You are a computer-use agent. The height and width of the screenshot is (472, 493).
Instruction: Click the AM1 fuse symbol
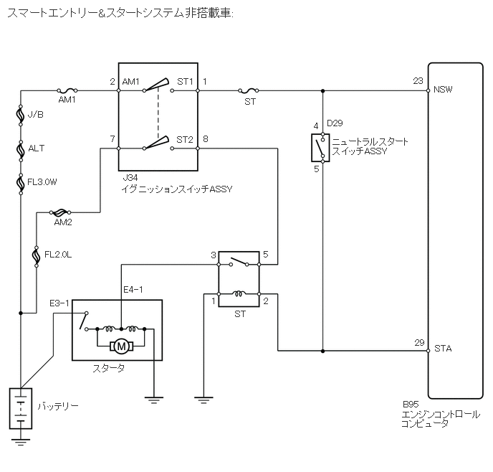pyautogui.click(x=67, y=90)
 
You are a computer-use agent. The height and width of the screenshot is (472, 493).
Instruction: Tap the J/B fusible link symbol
pyautogui.click(x=21, y=115)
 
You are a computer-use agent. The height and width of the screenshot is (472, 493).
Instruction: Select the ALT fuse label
pyautogui.click(x=36, y=148)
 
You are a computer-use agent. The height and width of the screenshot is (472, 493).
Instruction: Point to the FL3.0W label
pyautogui.click(x=42, y=182)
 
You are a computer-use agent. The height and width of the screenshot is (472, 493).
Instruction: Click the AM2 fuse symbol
pyautogui.click(x=60, y=212)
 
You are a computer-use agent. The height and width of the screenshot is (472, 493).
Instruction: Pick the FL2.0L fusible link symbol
pyautogui.click(x=36, y=257)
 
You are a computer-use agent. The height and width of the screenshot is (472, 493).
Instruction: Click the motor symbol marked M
pyautogui.click(x=121, y=346)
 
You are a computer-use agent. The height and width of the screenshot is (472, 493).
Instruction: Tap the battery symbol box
pyautogui.click(x=21, y=408)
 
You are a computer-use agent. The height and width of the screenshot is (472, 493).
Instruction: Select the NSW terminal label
pyautogui.click(x=443, y=90)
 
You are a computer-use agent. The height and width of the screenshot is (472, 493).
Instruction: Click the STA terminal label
pyautogui.click(x=443, y=349)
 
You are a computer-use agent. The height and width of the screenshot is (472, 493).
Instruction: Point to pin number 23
pyautogui.click(x=418, y=81)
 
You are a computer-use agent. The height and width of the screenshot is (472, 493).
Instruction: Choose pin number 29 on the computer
pyautogui.click(x=419, y=342)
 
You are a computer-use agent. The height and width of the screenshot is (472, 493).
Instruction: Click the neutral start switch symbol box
pyautogui.click(x=320, y=148)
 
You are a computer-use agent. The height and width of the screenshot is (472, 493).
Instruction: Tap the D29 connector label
pyautogui.click(x=335, y=123)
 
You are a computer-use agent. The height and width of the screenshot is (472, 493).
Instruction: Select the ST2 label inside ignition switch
pyautogui.click(x=185, y=139)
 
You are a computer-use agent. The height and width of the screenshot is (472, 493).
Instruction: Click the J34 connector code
pyautogui.click(x=130, y=178)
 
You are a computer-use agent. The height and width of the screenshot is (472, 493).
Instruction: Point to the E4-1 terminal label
pyautogui.click(x=133, y=290)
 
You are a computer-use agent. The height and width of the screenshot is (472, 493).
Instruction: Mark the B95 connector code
pyautogui.click(x=411, y=405)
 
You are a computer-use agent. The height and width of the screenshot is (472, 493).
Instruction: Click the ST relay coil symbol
pyautogui.click(x=239, y=294)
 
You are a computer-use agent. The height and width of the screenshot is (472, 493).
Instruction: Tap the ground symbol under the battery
pyautogui.click(x=21, y=441)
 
